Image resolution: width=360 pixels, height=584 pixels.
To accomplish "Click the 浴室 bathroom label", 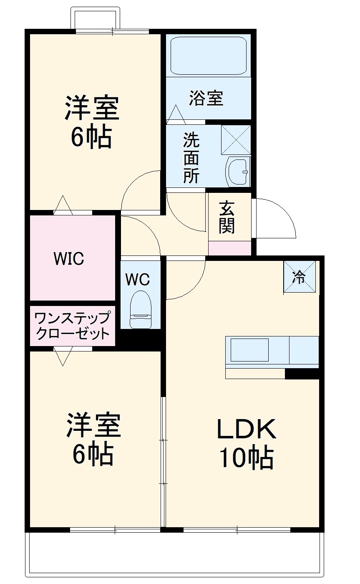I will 206,99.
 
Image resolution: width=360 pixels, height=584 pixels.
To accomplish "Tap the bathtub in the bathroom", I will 209,56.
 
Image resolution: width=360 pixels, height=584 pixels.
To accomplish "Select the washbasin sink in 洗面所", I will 238,172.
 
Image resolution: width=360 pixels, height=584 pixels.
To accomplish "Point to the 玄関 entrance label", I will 227,217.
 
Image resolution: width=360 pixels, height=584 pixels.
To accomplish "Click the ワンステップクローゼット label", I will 73,326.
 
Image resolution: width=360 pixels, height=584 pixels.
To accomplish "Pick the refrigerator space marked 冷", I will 300,277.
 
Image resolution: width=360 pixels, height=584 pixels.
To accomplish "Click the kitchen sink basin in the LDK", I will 249,350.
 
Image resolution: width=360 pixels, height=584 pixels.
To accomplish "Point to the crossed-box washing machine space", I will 236,139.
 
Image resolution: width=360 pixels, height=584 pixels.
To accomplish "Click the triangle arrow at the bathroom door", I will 176,114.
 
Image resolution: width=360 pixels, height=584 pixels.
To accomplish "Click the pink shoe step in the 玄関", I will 230,248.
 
